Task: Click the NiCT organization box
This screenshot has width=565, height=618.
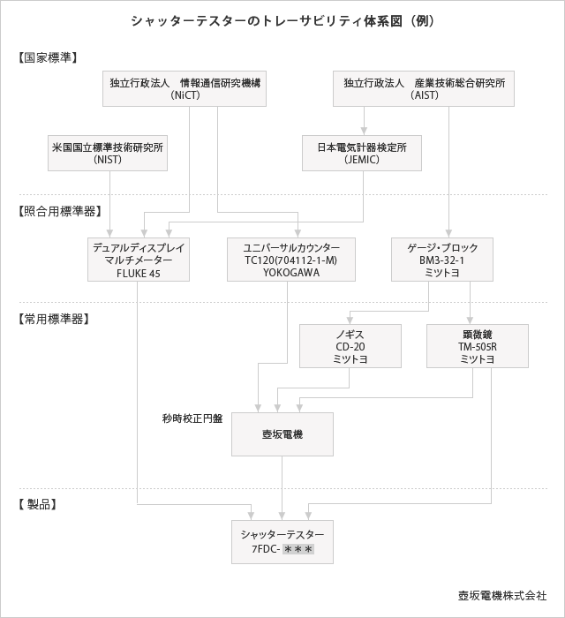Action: click(x=185, y=88)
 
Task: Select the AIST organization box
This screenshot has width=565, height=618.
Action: click(x=424, y=88)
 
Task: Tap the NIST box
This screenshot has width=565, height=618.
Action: click(x=108, y=153)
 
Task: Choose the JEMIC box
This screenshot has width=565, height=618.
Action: click(x=362, y=153)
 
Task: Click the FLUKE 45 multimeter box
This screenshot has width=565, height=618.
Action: click(x=139, y=260)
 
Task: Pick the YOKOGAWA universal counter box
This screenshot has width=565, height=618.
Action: click(x=291, y=260)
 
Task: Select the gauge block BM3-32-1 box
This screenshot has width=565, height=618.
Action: click(x=442, y=260)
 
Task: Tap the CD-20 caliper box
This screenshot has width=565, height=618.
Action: click(x=350, y=346)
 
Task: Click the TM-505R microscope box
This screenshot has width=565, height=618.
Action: click(x=478, y=346)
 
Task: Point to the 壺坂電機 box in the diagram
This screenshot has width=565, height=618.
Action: click(x=282, y=434)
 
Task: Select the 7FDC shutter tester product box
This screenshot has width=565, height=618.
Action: click(x=282, y=542)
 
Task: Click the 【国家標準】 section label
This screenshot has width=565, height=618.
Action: click(x=48, y=57)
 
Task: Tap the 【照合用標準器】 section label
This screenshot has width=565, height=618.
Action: click(x=59, y=211)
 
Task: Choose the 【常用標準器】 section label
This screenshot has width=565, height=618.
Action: click(x=53, y=319)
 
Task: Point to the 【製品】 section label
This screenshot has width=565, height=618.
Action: click(x=37, y=504)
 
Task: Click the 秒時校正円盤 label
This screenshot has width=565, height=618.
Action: click(x=192, y=418)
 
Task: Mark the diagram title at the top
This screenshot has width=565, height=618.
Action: click(x=282, y=21)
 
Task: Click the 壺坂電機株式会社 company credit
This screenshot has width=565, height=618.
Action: click(x=502, y=595)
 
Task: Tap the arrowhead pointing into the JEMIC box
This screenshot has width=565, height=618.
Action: click(x=364, y=131)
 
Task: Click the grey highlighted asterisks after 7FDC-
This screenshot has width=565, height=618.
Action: click(x=298, y=549)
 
